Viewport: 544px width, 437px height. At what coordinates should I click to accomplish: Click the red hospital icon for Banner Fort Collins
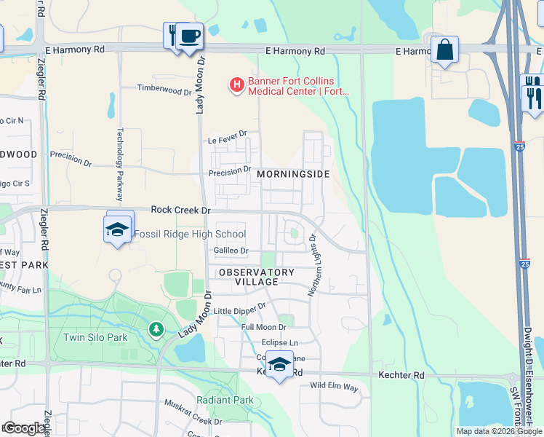(236, 86)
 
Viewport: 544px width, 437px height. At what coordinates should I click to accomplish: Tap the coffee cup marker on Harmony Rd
(190, 36)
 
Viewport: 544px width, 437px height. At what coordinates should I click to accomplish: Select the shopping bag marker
(444, 50)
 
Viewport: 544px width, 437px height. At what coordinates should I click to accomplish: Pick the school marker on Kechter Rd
(279, 364)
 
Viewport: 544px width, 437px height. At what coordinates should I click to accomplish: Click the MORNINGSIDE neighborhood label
(293, 175)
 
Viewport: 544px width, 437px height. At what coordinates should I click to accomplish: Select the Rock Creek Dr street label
(180, 210)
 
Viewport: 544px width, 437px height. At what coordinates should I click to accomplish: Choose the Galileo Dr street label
(231, 251)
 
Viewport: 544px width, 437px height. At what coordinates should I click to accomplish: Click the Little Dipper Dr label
(239, 310)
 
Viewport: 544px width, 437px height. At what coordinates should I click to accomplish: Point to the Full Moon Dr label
(264, 327)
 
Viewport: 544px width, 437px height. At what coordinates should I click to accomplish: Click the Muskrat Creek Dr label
(192, 421)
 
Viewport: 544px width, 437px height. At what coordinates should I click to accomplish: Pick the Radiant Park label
(225, 400)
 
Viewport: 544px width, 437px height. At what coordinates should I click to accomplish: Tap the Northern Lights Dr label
(313, 265)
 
